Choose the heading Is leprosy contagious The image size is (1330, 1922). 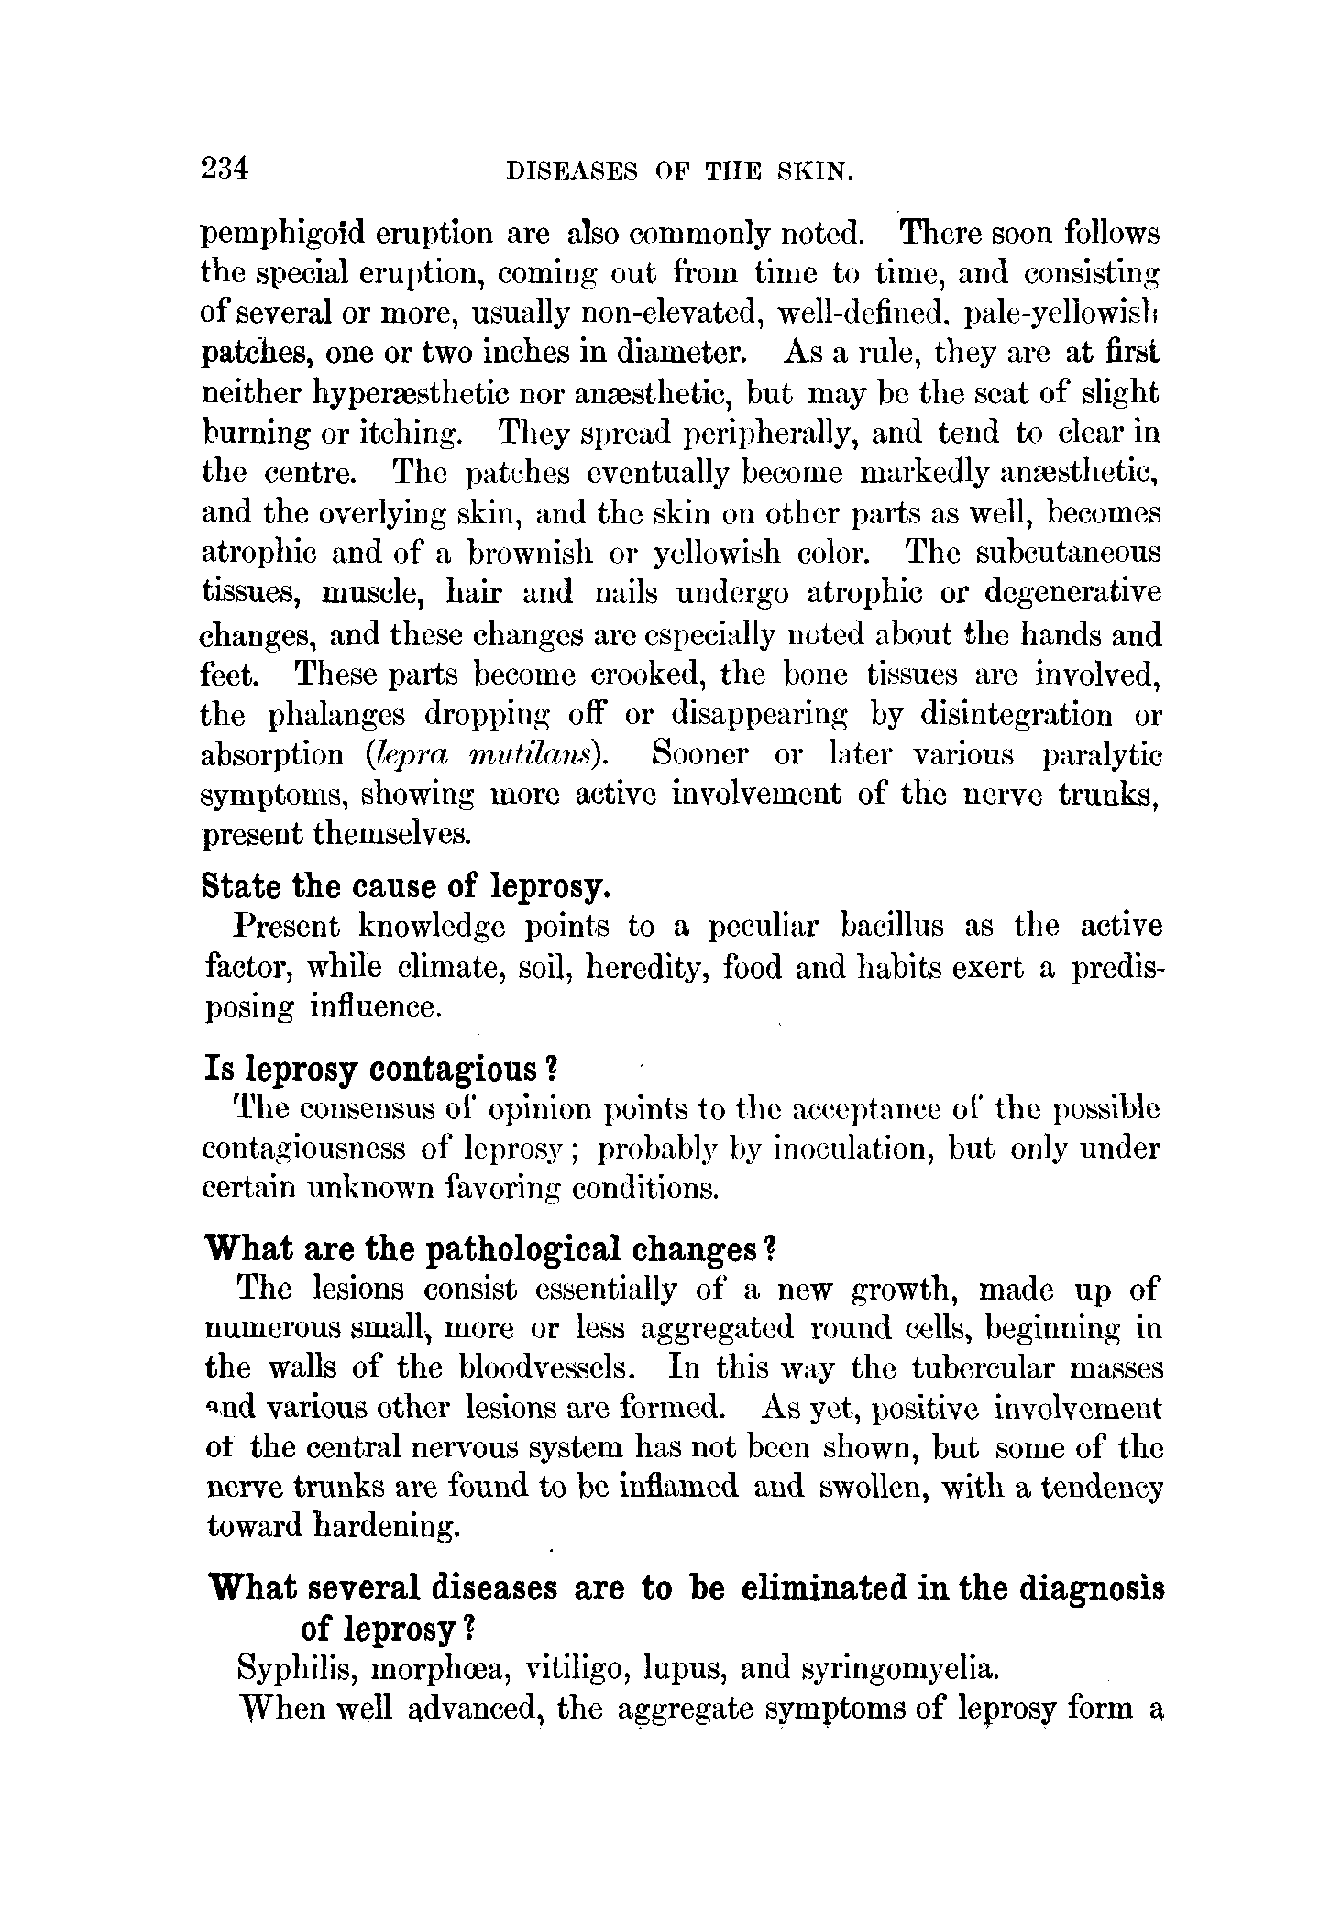pyautogui.click(x=380, y=1069)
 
